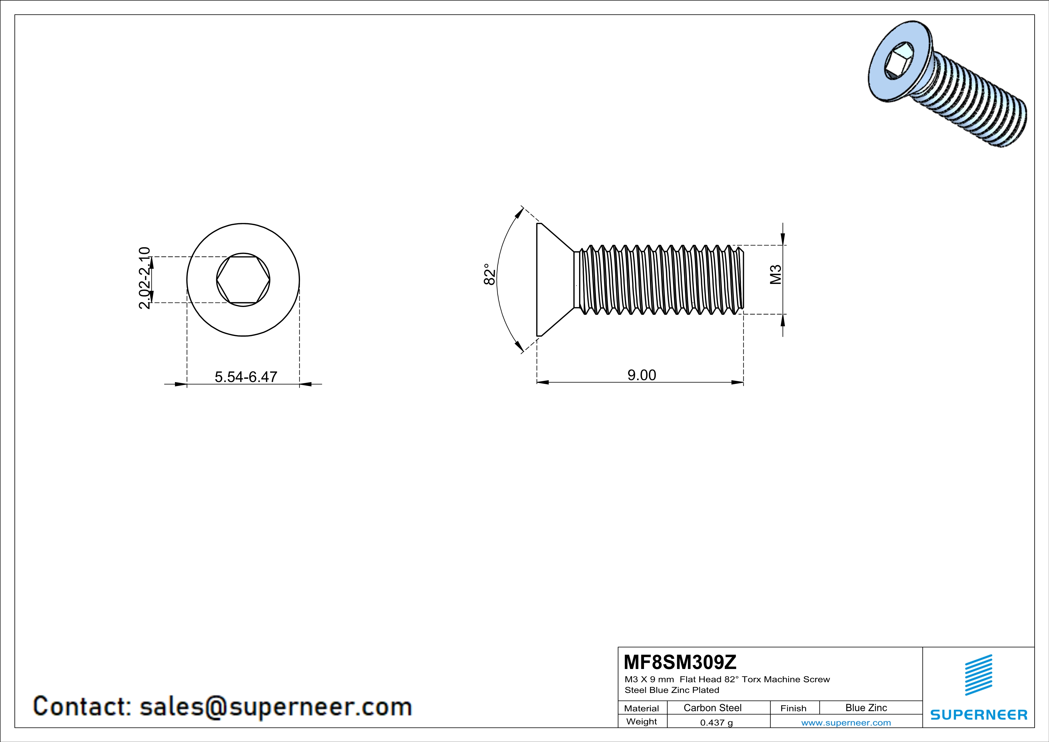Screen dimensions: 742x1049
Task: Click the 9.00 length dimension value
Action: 642,375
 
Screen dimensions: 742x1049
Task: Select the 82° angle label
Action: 489,274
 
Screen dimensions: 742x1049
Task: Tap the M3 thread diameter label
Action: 776,275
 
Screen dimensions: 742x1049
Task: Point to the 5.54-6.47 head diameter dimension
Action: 246,377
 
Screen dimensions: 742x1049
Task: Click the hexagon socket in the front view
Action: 243,280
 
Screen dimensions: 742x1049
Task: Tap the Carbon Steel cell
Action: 712,708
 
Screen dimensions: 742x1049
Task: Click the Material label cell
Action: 642,708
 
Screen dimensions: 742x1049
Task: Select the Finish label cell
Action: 793,708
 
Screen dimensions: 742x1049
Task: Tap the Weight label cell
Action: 642,721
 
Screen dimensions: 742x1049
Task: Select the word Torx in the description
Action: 752,679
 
